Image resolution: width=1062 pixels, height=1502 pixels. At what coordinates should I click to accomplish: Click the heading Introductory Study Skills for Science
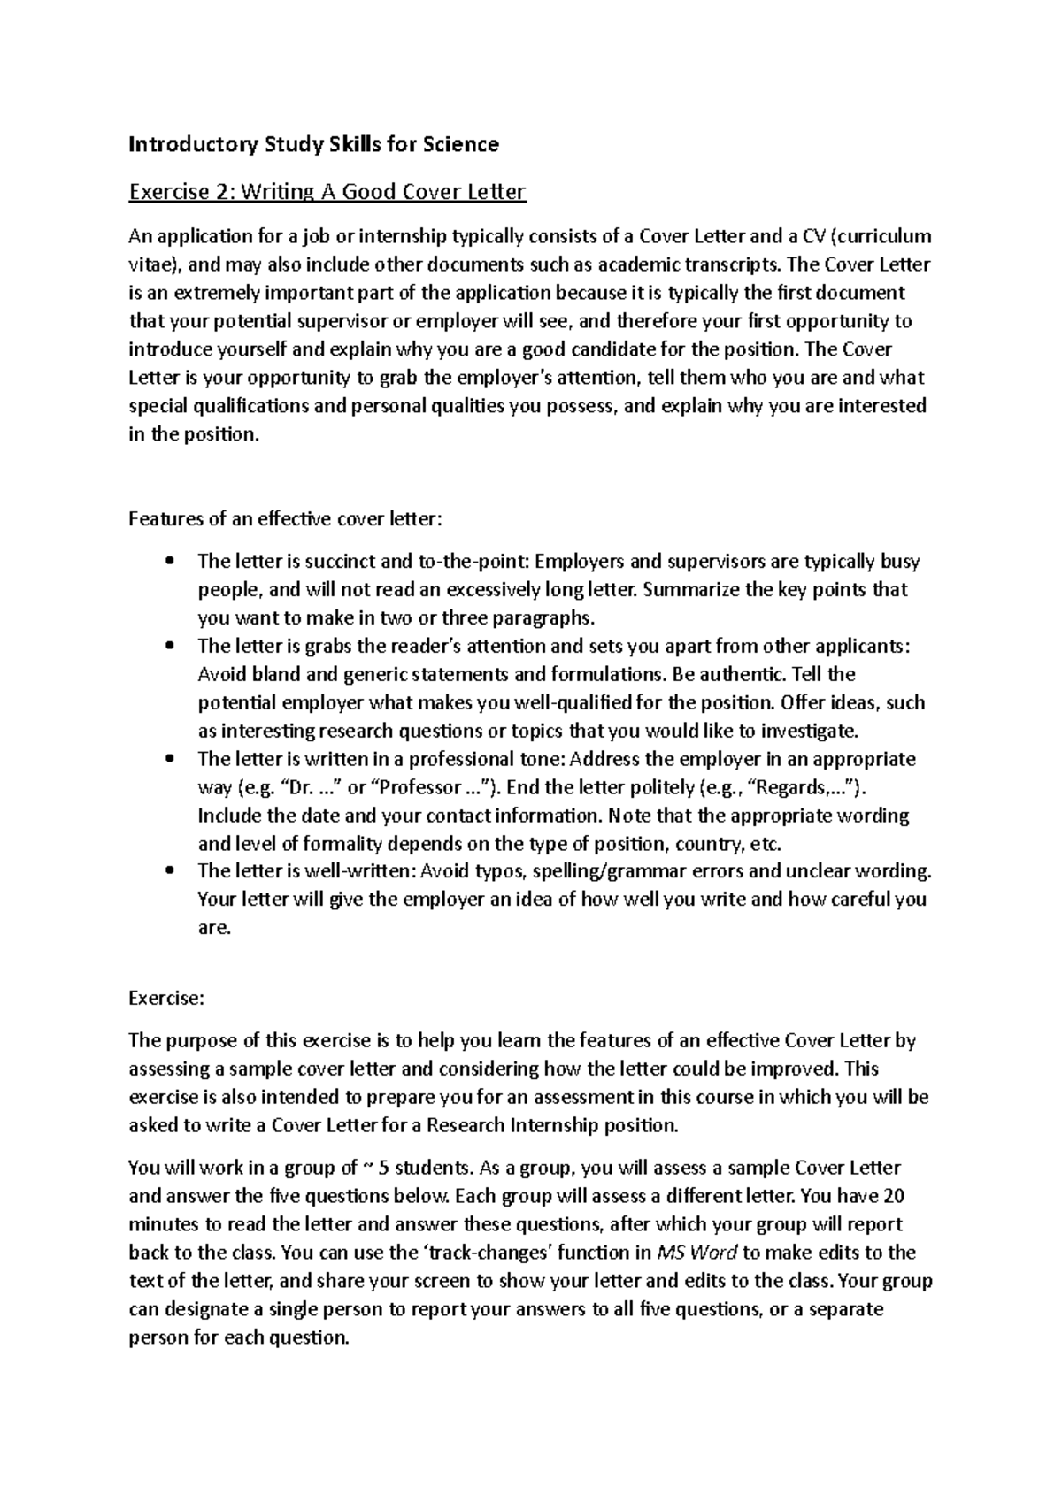(313, 144)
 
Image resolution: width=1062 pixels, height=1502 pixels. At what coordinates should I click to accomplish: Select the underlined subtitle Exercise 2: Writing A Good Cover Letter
(327, 192)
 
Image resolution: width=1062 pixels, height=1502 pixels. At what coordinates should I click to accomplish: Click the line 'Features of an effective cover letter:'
(284, 518)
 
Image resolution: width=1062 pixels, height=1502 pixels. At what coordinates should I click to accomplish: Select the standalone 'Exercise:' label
(166, 998)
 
